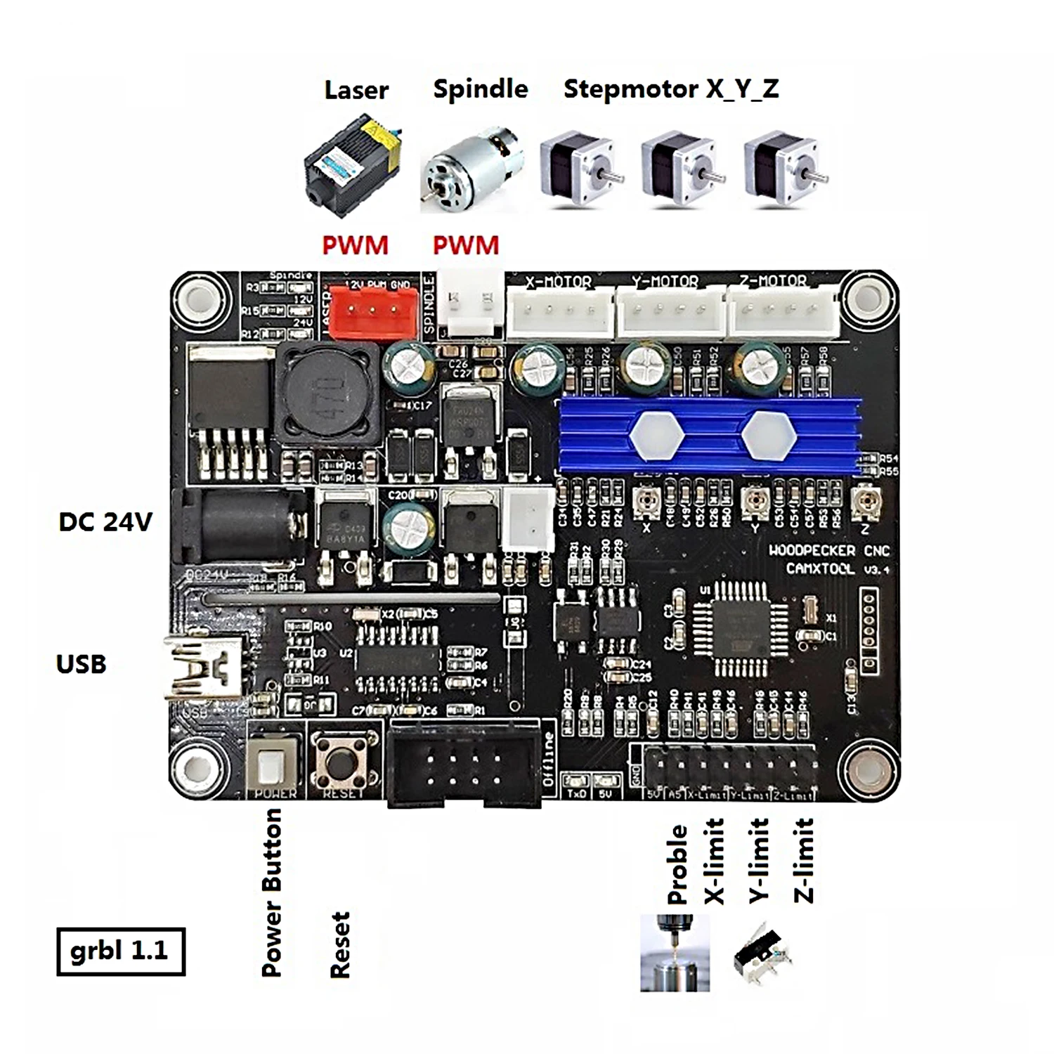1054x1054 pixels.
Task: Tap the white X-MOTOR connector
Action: pos(559,312)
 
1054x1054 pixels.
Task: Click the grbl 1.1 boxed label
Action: pos(120,951)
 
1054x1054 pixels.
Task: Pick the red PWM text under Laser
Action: pos(355,245)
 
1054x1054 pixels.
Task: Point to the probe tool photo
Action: pos(675,953)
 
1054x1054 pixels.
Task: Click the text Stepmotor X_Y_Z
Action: pos(671,89)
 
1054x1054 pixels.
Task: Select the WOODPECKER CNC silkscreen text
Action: pos(829,550)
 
